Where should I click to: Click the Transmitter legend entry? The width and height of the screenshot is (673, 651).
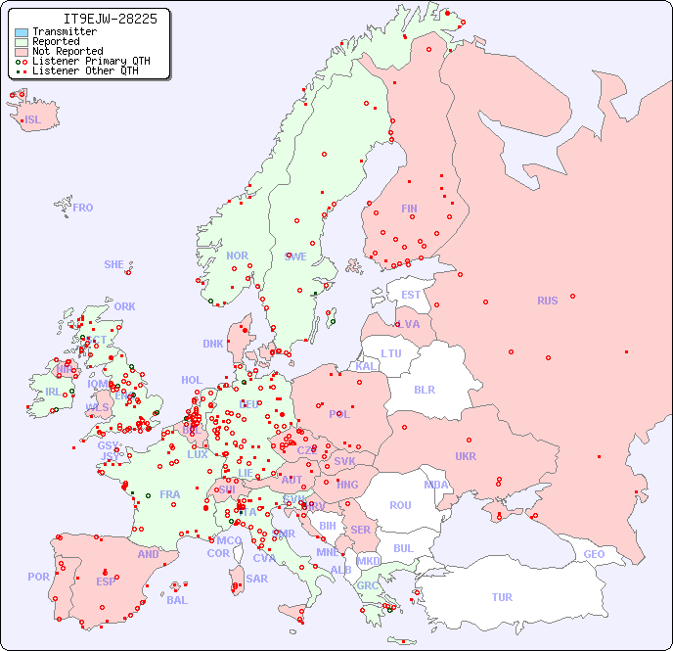click(x=64, y=31)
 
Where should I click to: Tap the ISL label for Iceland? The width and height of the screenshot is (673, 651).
click(x=33, y=120)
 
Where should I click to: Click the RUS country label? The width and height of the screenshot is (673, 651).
click(x=547, y=301)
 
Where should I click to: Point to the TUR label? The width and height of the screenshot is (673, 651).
click(x=501, y=597)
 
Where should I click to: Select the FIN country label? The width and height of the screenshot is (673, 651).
click(x=409, y=209)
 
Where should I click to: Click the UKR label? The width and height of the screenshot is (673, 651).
click(x=466, y=456)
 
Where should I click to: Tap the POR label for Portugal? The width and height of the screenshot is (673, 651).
click(x=38, y=577)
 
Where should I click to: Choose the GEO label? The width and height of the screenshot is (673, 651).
click(x=594, y=554)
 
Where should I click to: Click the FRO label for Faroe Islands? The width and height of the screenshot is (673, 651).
click(x=83, y=208)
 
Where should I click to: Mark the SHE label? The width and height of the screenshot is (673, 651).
click(x=114, y=264)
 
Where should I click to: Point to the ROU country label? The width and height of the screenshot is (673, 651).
click(x=400, y=505)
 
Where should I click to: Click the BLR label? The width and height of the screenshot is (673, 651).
click(x=425, y=389)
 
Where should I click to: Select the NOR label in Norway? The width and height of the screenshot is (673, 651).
click(x=237, y=256)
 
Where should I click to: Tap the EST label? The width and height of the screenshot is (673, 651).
click(x=411, y=295)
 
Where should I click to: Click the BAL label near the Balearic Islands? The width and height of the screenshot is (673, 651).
click(x=176, y=600)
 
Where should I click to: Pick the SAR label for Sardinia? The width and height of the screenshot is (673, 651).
click(x=256, y=579)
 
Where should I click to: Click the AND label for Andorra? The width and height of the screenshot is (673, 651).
click(x=148, y=554)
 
